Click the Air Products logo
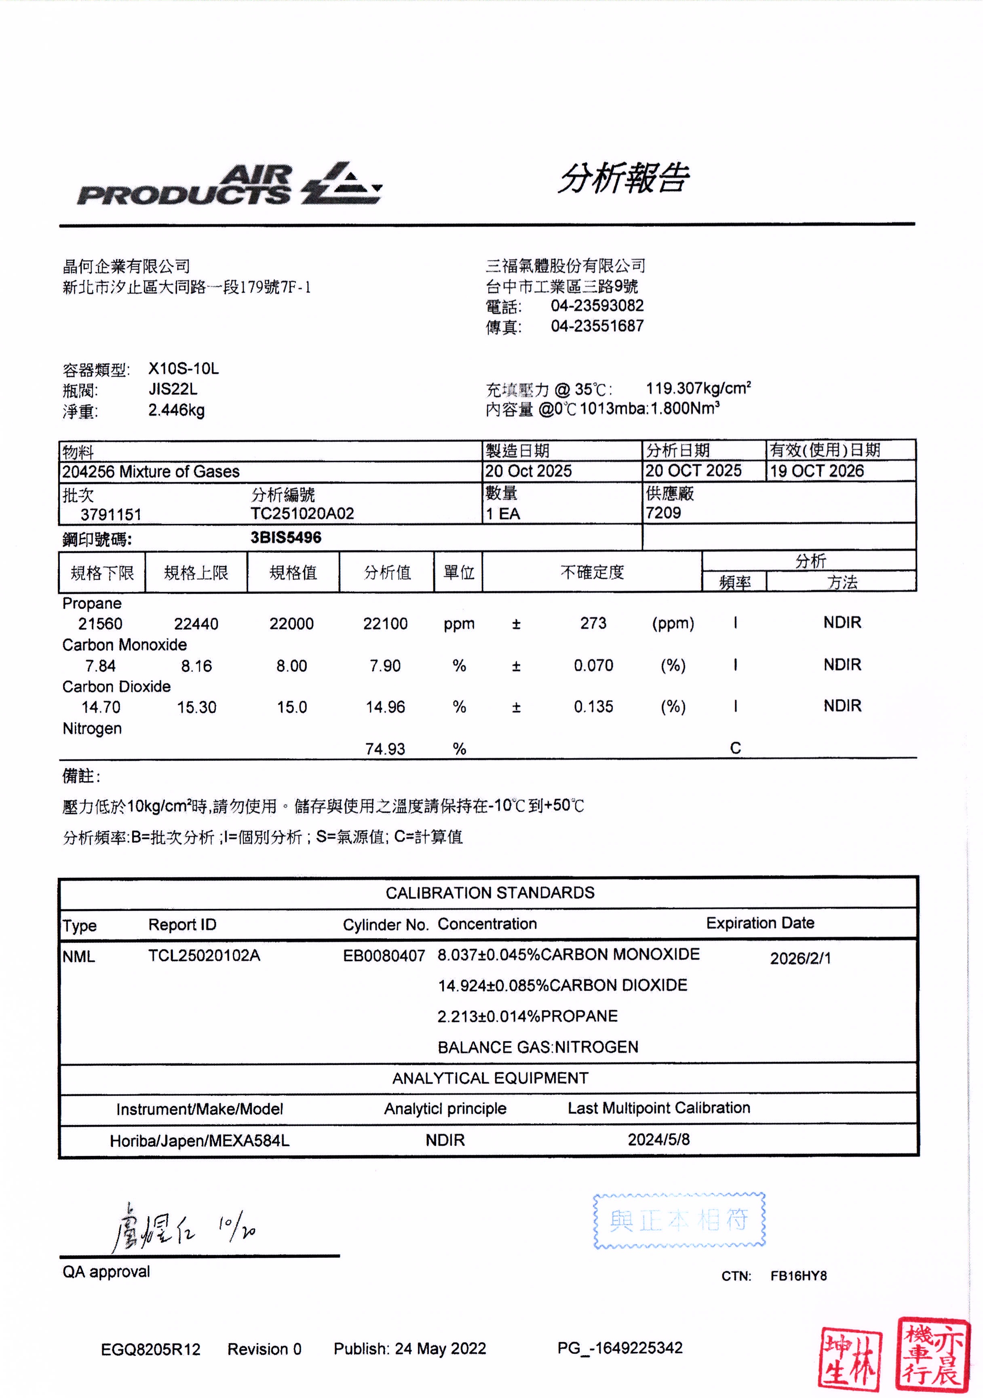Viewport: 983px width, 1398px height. pos(229,184)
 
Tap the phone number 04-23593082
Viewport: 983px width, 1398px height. pos(597,306)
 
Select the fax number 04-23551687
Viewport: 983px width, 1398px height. pos(597,327)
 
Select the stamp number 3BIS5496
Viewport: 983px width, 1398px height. pos(286,538)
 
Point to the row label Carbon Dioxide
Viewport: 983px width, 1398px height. pos(116,687)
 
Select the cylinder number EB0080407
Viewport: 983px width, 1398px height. pos(384,956)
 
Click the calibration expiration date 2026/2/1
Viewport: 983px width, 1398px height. pos(800,958)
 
